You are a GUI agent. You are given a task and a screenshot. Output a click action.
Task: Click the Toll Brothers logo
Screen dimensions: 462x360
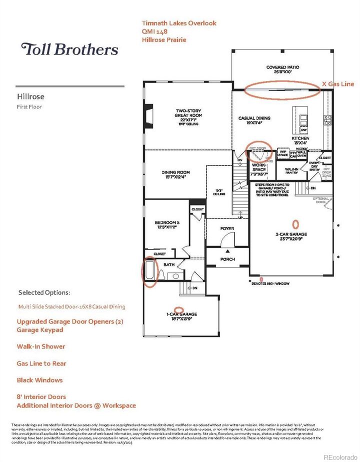click(x=69, y=49)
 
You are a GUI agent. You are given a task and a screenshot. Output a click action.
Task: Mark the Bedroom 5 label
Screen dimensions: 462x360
click(x=166, y=223)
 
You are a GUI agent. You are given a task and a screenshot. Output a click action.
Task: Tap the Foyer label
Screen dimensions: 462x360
click(x=227, y=228)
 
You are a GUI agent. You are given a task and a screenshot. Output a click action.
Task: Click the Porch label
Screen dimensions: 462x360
click(x=227, y=259)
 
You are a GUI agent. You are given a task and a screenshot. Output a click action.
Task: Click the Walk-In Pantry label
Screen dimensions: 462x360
click(x=291, y=171)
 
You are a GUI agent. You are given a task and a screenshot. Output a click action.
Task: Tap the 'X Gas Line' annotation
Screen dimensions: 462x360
click(x=337, y=84)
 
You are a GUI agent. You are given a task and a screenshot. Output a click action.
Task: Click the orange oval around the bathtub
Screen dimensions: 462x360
click(x=150, y=272)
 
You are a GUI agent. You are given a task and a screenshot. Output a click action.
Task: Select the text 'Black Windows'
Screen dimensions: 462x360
click(x=40, y=380)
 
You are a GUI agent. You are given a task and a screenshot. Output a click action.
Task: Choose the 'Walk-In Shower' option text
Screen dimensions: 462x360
click(x=41, y=346)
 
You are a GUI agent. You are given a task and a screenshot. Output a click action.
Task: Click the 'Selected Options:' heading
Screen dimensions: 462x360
click(x=44, y=292)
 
